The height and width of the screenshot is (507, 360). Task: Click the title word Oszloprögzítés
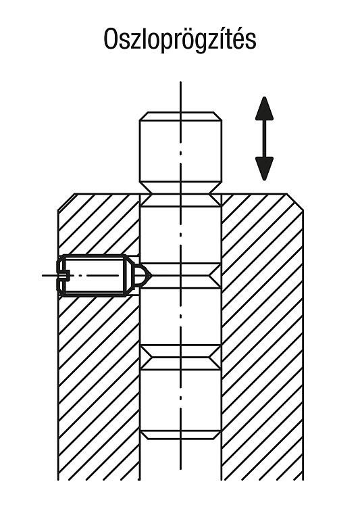tap(180, 40)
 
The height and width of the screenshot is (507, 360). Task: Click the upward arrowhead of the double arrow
tap(264, 109)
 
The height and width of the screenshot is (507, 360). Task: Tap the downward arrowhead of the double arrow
tap(264, 168)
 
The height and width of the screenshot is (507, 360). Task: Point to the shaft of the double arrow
tap(264, 139)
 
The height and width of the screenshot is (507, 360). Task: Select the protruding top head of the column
tap(180, 153)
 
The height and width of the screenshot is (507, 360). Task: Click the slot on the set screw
tap(63, 276)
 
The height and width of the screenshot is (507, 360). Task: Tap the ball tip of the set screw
tap(143, 276)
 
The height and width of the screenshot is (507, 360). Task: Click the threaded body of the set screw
tap(94, 276)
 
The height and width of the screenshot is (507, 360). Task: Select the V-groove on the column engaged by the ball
tap(180, 276)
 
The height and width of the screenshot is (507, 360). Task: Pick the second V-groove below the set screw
tap(180, 358)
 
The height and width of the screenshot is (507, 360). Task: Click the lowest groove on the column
tap(180, 435)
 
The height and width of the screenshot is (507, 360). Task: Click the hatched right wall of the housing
tap(262, 336)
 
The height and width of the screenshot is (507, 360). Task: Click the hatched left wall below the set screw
tap(99, 387)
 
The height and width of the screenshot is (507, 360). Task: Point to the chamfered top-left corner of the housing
tap(66, 202)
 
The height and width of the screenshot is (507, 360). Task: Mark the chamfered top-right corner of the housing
tap(295, 202)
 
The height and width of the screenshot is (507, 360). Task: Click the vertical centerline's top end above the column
tap(180, 82)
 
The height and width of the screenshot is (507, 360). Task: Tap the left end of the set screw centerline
tap(43, 276)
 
